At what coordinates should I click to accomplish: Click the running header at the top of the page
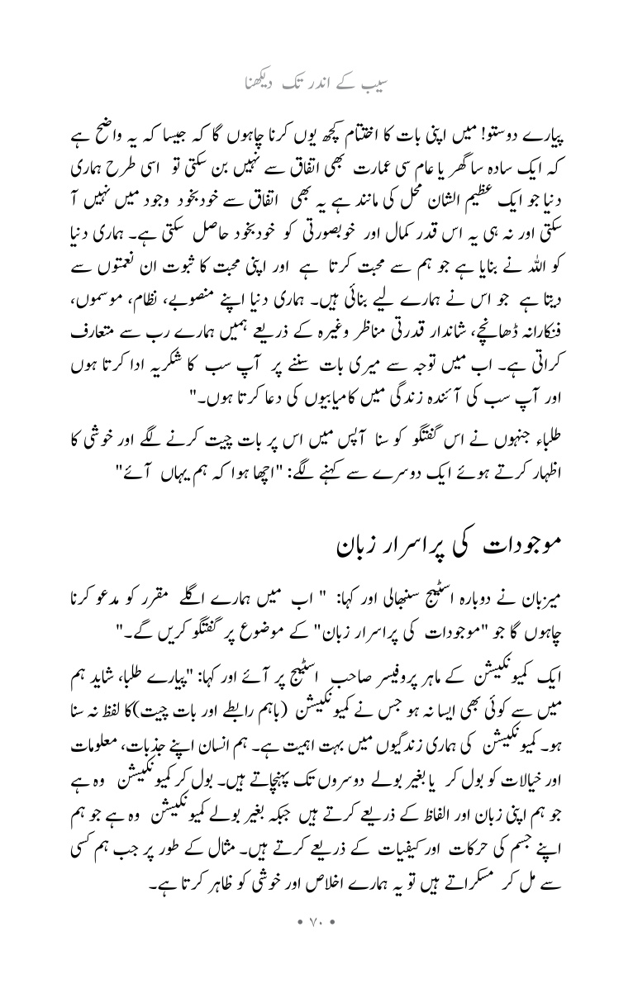pyautogui.click(x=316, y=83)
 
